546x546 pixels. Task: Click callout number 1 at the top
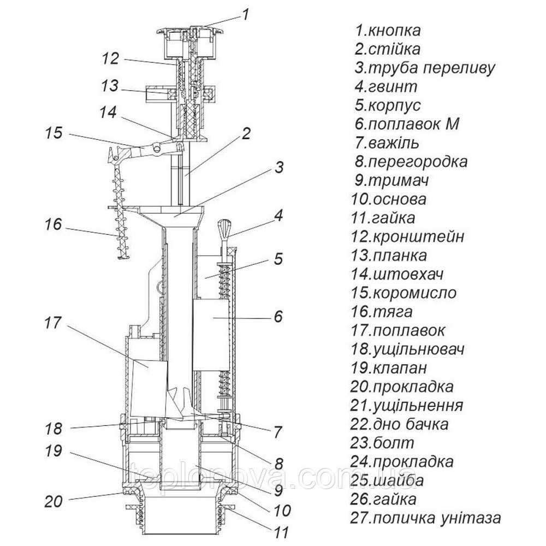(245, 14)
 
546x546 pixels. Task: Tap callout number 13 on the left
(109, 86)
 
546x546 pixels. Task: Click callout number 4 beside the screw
(279, 215)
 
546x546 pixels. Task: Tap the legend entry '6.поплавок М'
(406, 124)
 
